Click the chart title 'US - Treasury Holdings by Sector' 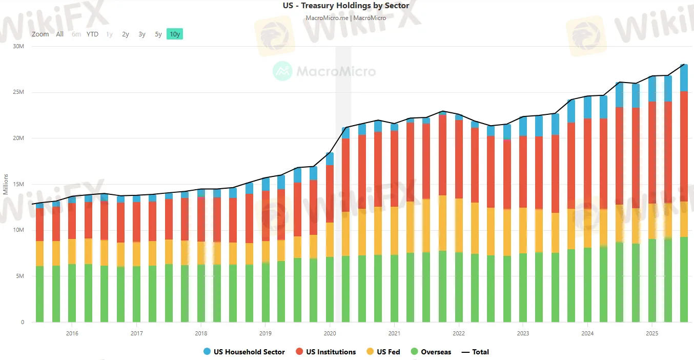coord(346,6)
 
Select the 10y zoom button coord(174,34)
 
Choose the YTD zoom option coord(92,34)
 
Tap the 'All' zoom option coord(60,34)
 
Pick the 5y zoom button coord(158,34)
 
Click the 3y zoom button coord(142,34)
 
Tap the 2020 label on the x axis coord(329,332)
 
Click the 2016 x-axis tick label coord(72,332)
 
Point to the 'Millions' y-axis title coord(6,184)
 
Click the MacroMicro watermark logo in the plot coord(324,71)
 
